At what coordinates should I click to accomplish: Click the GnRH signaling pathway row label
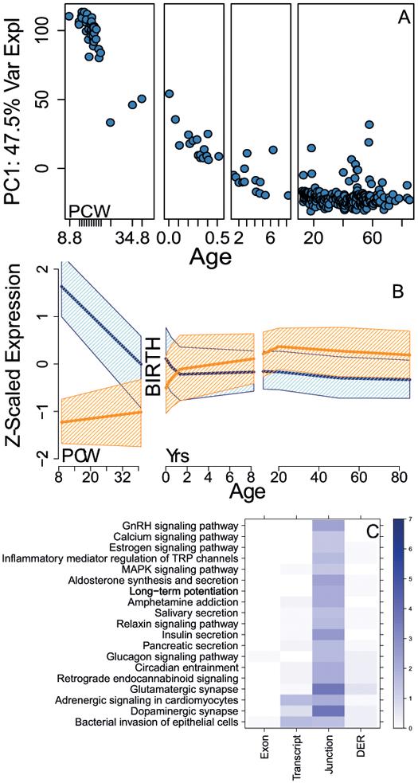(180, 525)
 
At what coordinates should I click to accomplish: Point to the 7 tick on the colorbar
(411, 520)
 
